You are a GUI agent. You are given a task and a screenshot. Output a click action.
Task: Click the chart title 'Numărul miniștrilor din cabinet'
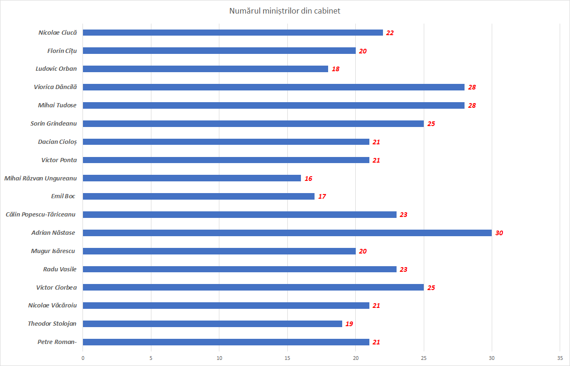(285, 11)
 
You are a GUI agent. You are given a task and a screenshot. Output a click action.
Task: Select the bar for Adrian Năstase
(287, 233)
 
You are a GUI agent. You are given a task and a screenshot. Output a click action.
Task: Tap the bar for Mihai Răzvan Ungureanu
(192, 178)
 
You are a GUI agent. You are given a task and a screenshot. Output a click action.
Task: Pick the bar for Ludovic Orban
(205, 69)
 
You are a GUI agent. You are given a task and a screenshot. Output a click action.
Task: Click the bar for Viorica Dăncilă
(274, 87)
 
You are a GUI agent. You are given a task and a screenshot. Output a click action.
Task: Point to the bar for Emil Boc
(199, 196)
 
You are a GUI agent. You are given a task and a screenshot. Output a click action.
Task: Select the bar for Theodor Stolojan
(212, 324)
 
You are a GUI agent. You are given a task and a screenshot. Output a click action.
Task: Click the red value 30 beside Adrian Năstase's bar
(499, 233)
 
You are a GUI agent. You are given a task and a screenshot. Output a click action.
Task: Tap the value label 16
(308, 179)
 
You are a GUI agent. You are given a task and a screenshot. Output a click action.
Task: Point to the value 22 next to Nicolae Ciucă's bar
(390, 33)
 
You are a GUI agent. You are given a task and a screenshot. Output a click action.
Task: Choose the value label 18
(335, 69)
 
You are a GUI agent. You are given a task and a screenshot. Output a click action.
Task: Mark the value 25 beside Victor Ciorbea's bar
(431, 288)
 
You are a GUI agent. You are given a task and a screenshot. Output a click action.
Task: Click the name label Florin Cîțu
(62, 51)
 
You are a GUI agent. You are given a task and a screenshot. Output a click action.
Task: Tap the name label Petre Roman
(57, 342)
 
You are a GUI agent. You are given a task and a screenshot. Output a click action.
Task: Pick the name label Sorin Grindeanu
(53, 124)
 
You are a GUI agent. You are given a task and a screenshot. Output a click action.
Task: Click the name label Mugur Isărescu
(53, 251)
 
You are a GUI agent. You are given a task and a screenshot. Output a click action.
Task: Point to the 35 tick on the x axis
(560, 358)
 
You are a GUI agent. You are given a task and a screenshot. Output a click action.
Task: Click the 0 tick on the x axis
(83, 358)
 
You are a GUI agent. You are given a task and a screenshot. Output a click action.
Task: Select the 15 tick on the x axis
(287, 358)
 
